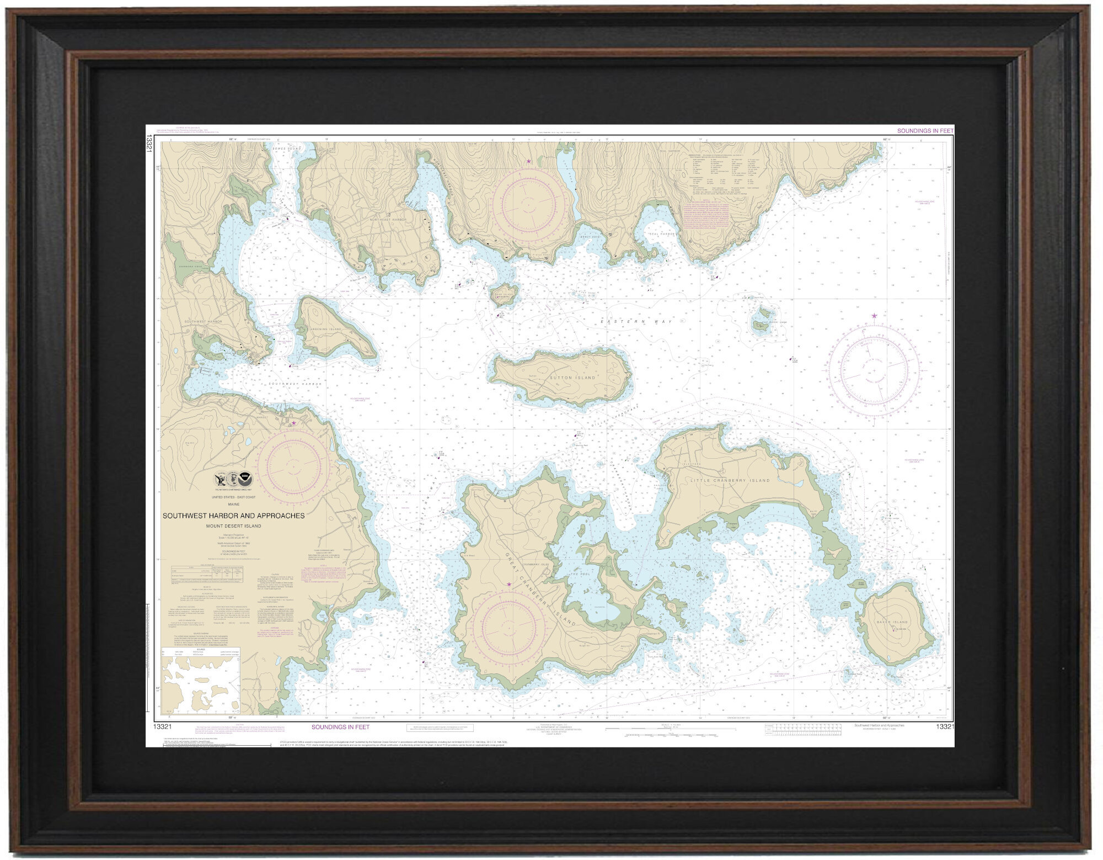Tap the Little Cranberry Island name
(730, 480)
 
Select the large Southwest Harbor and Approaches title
(233, 516)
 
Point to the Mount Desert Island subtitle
(233, 525)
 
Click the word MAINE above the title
(233, 503)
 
